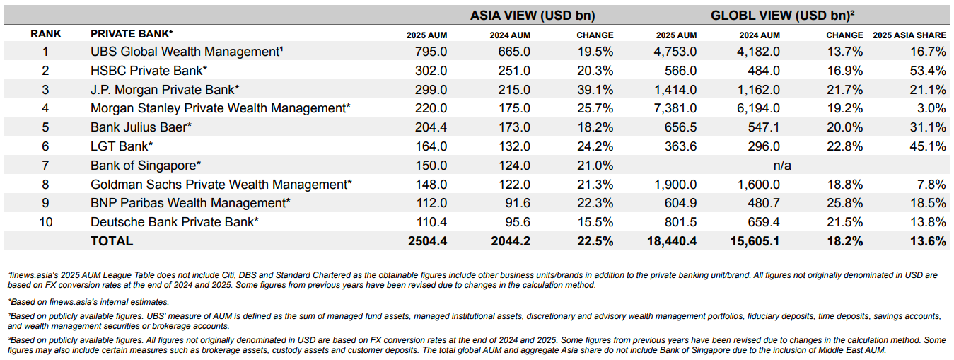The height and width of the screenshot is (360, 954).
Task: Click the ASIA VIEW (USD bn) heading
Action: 533,16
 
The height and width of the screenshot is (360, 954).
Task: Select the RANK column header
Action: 46,34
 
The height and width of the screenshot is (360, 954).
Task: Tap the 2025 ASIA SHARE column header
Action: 909,35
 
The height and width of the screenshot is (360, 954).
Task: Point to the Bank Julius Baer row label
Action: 141,127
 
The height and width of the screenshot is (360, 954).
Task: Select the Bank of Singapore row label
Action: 146,166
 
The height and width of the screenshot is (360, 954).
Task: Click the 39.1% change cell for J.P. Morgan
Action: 595,90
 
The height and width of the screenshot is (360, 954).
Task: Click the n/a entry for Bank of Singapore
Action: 782,166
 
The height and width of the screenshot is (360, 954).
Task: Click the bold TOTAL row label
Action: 112,241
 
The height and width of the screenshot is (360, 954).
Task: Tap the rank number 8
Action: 46,185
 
